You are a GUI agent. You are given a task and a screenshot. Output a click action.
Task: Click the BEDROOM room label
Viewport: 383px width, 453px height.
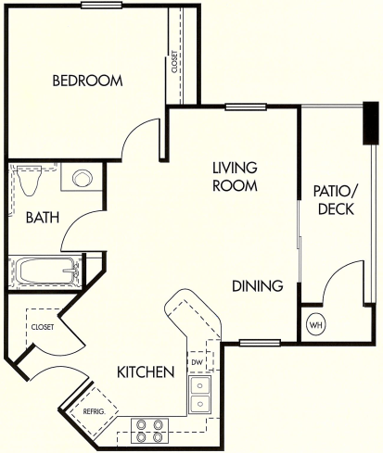[x=87, y=81]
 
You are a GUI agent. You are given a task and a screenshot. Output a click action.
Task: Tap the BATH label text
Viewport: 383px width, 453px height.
[x=43, y=218]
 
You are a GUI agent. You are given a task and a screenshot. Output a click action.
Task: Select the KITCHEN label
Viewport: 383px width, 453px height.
[x=146, y=372]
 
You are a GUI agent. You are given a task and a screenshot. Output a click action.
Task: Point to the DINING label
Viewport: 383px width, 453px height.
[x=257, y=286]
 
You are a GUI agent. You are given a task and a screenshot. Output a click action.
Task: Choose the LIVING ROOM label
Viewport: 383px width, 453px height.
[x=233, y=176]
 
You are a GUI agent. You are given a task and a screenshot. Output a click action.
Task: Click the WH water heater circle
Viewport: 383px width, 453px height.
[x=315, y=326]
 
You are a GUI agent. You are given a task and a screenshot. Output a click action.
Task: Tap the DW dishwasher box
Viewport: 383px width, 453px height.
[x=198, y=361]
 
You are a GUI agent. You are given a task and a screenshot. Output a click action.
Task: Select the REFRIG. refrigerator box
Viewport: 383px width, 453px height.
[x=93, y=409]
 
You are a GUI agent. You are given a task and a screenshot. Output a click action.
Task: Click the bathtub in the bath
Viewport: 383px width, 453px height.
[x=46, y=272]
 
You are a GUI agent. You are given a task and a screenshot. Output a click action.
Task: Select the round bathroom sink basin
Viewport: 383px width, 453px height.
[x=82, y=179]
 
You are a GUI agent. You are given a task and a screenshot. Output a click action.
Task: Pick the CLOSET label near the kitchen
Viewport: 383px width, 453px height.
[x=42, y=327]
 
